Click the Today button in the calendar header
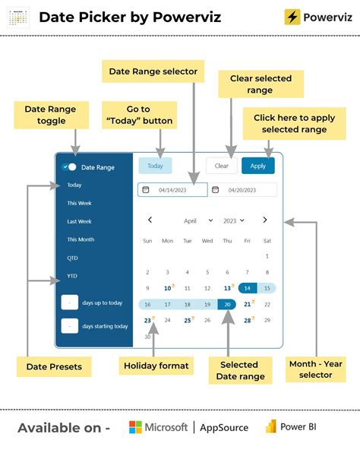click(155, 166)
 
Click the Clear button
click(221, 166)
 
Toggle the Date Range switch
click(69, 166)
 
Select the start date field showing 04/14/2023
click(172, 190)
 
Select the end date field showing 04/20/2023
click(243, 190)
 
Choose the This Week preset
click(80, 203)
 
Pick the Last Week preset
click(79, 221)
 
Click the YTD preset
click(72, 276)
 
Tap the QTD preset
click(72, 258)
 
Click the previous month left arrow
click(150, 220)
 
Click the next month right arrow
click(264, 220)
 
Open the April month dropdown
click(198, 220)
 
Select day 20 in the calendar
click(227, 304)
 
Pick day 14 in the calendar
click(247, 288)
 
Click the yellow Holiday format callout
click(155, 366)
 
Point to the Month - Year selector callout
click(315, 369)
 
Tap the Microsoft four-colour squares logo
click(136, 427)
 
